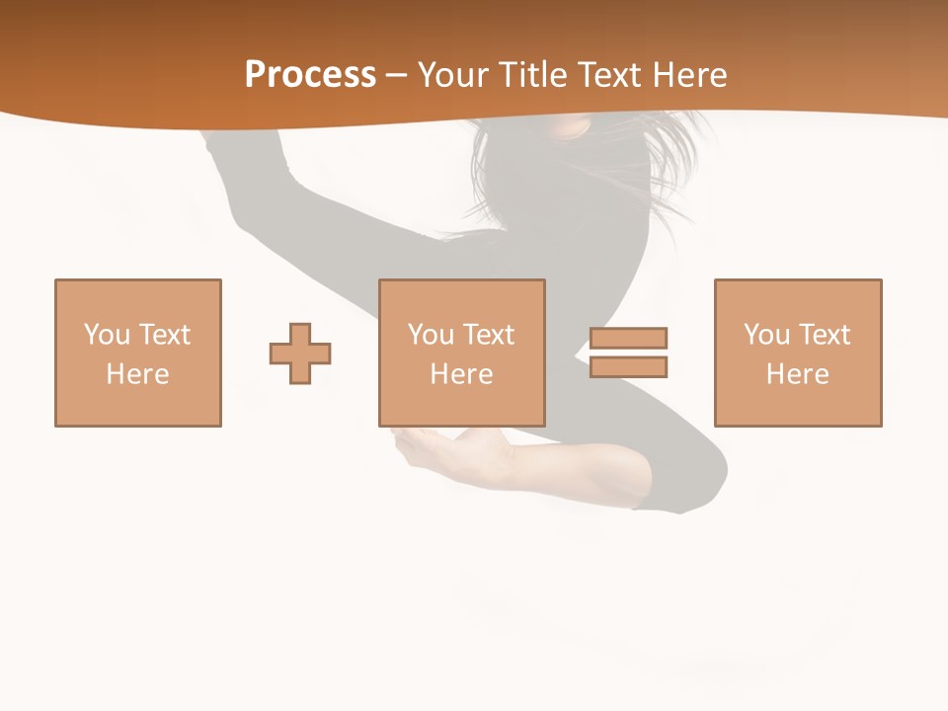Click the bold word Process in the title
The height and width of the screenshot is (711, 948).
310,75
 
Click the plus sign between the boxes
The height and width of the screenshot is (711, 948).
300,354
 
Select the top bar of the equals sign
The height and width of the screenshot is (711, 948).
628,338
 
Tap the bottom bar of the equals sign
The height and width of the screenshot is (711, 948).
628,367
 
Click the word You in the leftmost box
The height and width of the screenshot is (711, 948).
107,335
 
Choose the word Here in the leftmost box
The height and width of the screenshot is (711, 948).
138,374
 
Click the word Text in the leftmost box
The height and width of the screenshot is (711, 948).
164,335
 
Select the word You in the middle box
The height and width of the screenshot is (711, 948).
431,335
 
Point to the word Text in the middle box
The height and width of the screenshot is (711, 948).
488,335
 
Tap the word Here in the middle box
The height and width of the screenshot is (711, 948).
462,374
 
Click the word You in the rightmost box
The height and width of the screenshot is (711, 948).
766,335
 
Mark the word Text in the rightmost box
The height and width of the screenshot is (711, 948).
824,335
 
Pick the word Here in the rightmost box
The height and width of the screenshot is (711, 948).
798,374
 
